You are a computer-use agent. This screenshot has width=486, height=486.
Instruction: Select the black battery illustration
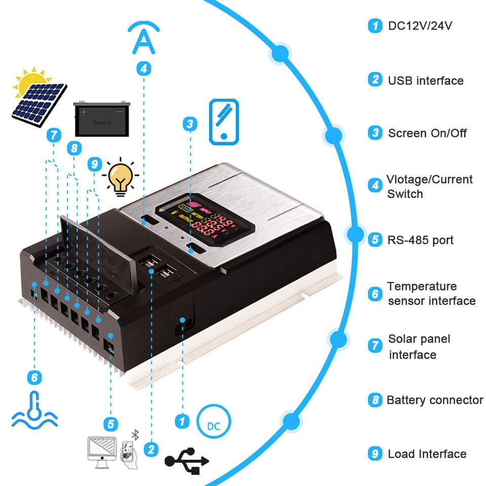pyautogui.click(x=100, y=118)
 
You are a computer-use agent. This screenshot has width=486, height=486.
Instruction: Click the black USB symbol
pyautogui.click(x=186, y=460)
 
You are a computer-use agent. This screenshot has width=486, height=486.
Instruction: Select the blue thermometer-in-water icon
pyautogui.click(x=34, y=409)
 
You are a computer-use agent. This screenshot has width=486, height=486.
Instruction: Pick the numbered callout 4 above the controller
pyautogui.click(x=144, y=69)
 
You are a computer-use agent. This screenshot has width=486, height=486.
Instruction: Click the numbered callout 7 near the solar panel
pyautogui.click(x=54, y=135)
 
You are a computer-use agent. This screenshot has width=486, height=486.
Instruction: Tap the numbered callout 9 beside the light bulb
pyautogui.click(x=94, y=165)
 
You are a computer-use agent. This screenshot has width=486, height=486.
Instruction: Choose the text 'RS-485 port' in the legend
pyautogui.click(x=421, y=240)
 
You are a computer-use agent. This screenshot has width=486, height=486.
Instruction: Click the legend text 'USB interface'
pyautogui.click(x=425, y=80)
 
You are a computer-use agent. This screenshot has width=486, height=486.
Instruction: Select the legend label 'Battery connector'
pyautogui.click(x=435, y=400)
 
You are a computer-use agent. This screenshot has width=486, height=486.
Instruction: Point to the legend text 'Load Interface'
pyautogui.click(x=427, y=454)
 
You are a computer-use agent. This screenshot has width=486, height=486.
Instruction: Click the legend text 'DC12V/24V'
pyautogui.click(x=420, y=25)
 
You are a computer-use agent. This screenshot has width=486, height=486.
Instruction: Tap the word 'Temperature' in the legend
pyautogui.click(x=422, y=287)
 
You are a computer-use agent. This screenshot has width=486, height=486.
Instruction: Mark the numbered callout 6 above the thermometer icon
pyautogui.click(x=34, y=377)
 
